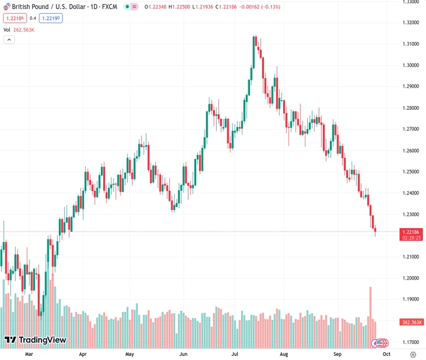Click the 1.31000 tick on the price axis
point(411,44)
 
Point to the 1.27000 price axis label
point(411,129)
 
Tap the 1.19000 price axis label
point(411,299)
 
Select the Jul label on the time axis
point(235,355)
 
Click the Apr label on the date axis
point(83,355)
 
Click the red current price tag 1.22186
point(412,232)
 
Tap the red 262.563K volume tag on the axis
point(412,322)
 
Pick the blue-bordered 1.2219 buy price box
point(51,18)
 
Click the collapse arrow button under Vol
point(9,40)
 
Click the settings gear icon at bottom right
point(412,355)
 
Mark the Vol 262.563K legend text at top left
point(19,29)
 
